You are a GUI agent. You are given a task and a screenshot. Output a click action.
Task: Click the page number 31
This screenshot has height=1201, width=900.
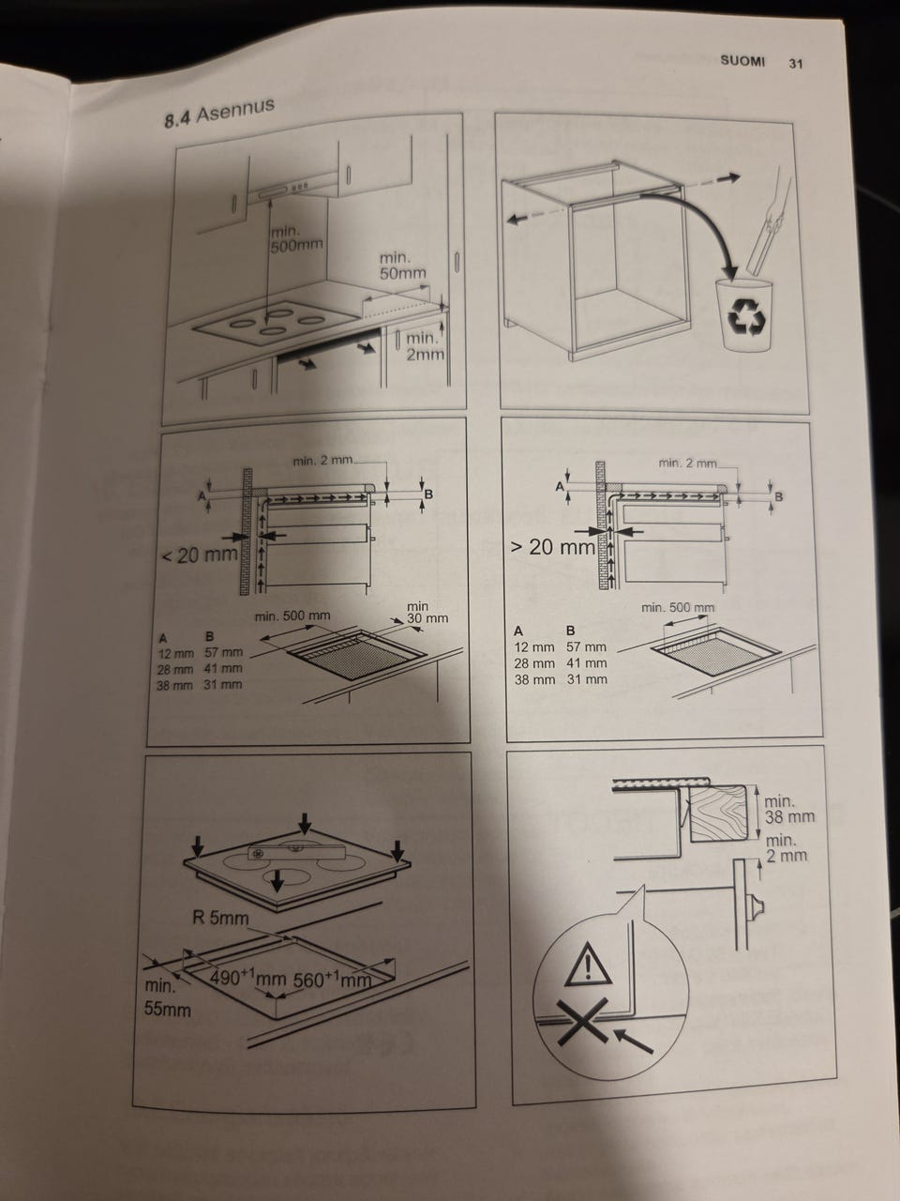796,64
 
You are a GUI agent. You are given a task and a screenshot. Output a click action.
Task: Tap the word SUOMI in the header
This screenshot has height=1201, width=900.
742,61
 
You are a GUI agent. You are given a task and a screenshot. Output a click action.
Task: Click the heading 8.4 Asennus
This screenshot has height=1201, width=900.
219,114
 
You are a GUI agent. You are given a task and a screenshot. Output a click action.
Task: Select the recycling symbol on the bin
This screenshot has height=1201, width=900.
745,317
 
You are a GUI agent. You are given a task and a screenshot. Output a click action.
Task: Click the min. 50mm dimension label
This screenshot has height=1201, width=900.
403,266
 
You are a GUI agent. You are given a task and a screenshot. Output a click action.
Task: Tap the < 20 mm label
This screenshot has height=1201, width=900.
200,555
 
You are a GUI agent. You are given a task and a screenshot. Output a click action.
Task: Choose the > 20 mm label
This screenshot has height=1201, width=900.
551,547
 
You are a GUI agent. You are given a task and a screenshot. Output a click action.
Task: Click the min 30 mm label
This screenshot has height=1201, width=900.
427,613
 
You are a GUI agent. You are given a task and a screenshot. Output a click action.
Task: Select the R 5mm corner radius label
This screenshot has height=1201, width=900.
220,918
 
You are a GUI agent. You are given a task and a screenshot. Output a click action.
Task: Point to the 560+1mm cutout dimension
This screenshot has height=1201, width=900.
332,980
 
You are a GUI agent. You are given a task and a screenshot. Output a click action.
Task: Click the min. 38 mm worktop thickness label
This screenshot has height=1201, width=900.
788,809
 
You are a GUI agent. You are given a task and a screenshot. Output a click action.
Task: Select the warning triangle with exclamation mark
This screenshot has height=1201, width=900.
588,964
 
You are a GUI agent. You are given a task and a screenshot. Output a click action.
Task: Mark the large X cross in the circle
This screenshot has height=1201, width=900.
582,1021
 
